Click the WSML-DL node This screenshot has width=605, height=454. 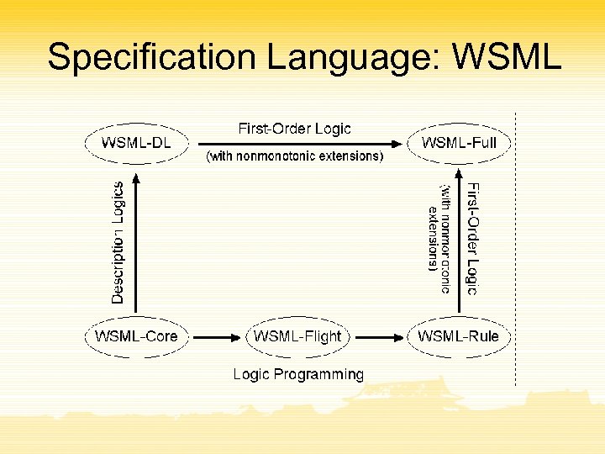(x=136, y=143)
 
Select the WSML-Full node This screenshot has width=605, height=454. (x=459, y=143)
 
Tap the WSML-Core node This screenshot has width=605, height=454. (x=136, y=336)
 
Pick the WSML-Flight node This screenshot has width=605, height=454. (x=297, y=336)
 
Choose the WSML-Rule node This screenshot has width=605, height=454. (x=459, y=336)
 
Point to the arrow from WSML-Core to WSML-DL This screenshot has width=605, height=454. (x=136, y=244)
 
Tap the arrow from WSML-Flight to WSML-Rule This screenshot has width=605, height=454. (x=376, y=336)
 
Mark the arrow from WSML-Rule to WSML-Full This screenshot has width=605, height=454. (x=460, y=244)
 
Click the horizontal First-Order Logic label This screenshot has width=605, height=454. (x=295, y=129)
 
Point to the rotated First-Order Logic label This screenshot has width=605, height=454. (x=472, y=239)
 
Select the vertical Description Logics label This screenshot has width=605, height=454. (x=118, y=242)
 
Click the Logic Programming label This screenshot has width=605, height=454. (x=298, y=374)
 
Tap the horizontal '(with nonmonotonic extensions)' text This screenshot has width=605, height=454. (x=295, y=156)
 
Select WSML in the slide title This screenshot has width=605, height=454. (x=505, y=57)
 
